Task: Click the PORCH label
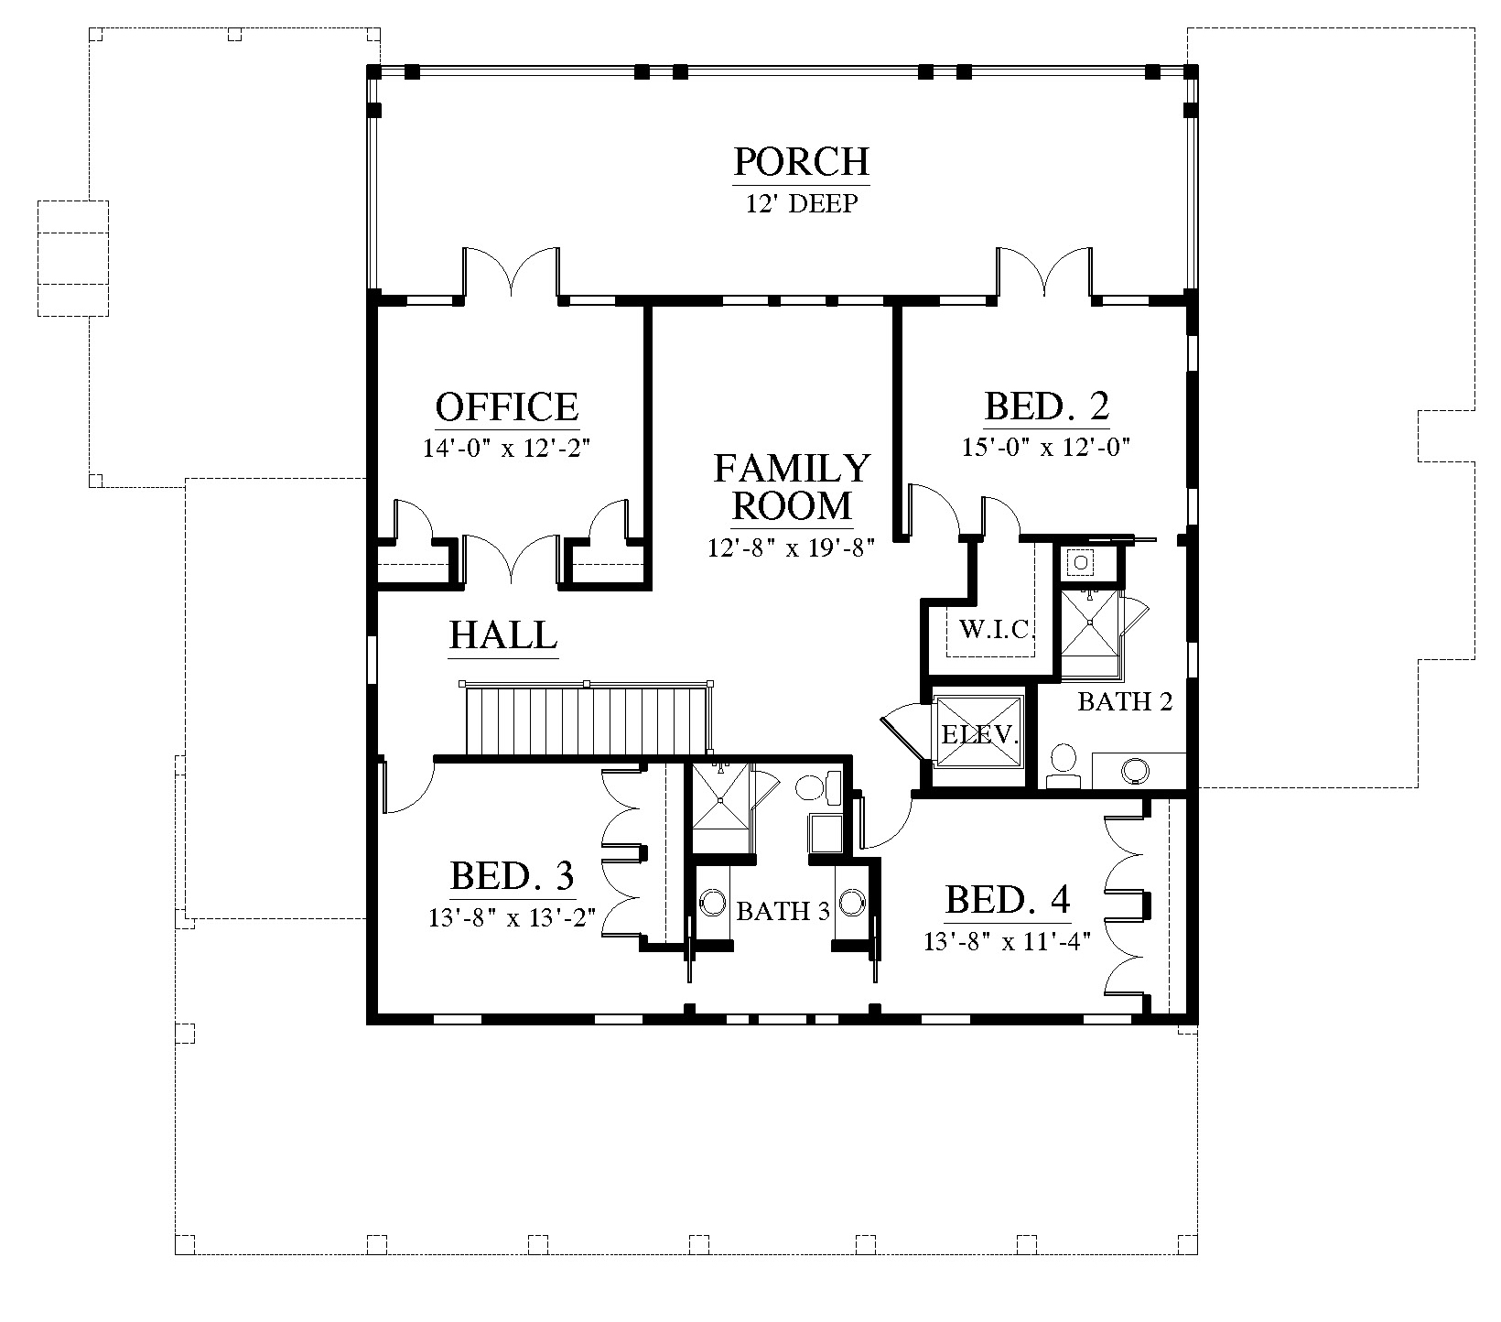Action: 801,162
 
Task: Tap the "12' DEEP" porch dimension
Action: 801,203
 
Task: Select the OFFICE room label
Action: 507,406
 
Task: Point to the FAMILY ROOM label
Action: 791,486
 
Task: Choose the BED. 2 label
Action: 1047,406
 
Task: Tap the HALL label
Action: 503,634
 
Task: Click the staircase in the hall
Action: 588,720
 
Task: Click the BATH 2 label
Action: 1125,702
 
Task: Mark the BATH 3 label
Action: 783,912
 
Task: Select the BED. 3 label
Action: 513,876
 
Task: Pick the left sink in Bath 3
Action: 712,901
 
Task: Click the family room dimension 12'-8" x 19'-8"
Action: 792,547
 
